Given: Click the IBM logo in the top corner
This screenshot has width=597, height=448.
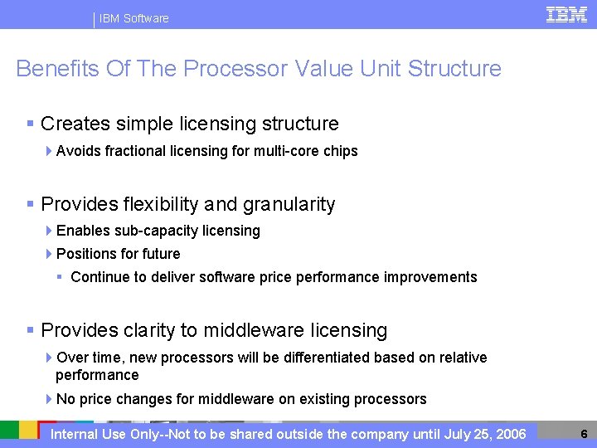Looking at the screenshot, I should [x=566, y=14].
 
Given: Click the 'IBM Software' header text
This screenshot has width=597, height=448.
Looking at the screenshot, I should [x=133, y=18].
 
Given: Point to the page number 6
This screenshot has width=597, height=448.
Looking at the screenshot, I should [x=584, y=434].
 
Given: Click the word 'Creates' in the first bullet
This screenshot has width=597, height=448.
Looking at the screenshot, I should [x=75, y=124].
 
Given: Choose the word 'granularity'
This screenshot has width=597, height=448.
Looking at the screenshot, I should [x=286, y=204].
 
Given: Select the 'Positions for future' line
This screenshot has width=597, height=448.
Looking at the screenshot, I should [x=118, y=254].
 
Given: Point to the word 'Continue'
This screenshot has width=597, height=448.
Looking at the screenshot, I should [x=97, y=277].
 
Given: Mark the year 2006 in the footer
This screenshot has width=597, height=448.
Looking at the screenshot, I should [x=509, y=434].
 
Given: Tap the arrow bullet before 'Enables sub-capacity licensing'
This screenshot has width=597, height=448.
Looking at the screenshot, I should [x=50, y=231].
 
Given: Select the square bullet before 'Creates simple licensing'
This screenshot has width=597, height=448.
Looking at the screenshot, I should [x=30, y=124].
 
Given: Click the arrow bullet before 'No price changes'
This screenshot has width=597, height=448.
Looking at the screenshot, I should [x=50, y=399].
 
